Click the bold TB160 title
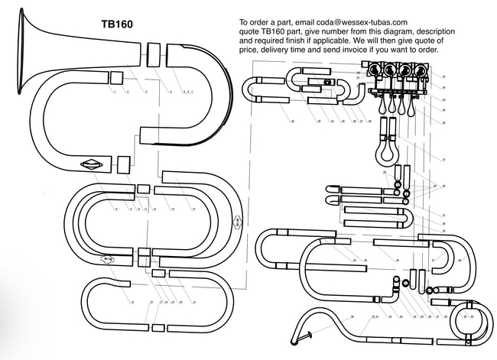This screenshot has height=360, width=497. point(117,24)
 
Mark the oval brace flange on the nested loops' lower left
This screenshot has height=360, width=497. point(107,259)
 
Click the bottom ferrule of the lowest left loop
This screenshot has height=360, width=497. point(158,327)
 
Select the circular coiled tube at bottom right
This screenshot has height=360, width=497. point(471,321)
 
